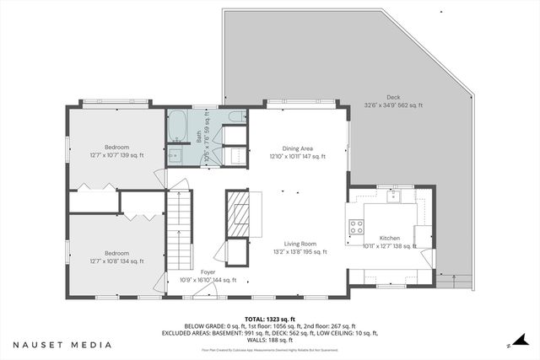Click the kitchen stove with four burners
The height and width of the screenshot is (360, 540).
356,226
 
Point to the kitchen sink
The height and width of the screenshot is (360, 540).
393,197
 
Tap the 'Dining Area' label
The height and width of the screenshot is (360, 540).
296,148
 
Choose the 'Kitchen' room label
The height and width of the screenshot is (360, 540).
389,239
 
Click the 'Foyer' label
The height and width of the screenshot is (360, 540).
208,272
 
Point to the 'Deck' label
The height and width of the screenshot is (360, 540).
392,97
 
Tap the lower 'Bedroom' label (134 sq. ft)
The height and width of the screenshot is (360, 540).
116,253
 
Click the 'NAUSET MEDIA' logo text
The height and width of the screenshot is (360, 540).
63,345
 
